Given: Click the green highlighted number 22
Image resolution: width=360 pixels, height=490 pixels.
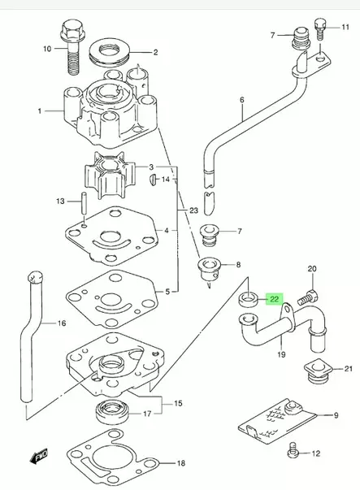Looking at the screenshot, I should click(x=275, y=300).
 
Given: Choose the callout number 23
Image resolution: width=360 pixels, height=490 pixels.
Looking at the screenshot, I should click(x=193, y=210).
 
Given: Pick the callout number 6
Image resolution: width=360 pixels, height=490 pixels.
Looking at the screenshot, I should click(x=241, y=101).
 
